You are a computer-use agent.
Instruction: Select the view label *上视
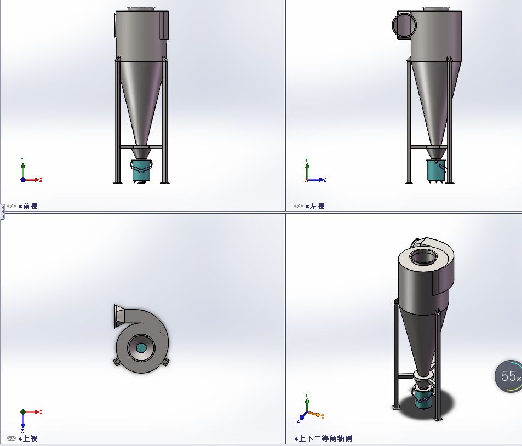(x=30, y=438)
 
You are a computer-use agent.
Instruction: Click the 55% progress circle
(x=509, y=376)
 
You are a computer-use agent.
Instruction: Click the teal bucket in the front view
(x=141, y=171)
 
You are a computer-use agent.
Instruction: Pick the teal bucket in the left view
(x=435, y=171)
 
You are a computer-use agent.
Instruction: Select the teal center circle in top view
(x=141, y=347)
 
